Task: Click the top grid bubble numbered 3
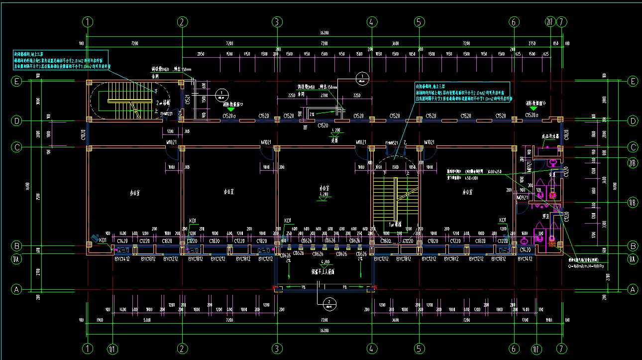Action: point(277,22)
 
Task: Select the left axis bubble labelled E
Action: point(17,81)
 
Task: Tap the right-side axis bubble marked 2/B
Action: point(633,162)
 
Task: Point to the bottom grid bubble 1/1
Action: point(112,349)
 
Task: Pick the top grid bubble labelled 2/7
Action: point(549,22)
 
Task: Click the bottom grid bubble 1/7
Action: point(536,349)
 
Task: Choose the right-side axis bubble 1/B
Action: point(633,202)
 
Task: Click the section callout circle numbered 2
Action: point(328,302)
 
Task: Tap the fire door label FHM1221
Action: point(166,114)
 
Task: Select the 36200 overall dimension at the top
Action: point(324,32)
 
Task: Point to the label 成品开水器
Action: point(549,136)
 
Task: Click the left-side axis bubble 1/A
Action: point(17,259)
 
